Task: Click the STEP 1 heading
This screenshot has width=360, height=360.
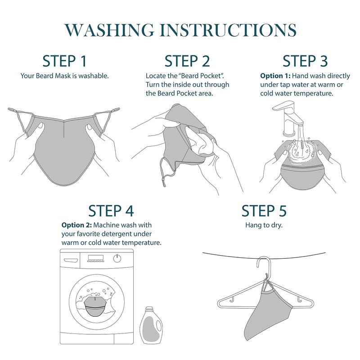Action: [x=64, y=61]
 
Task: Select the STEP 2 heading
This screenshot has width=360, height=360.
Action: [x=187, y=61]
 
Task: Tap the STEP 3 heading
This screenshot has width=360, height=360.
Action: [x=305, y=61]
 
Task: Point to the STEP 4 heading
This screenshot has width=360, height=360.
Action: [x=111, y=211]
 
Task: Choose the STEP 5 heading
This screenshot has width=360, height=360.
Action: [x=264, y=211]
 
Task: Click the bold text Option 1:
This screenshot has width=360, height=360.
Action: [x=275, y=76]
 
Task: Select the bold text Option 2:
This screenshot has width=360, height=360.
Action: [x=76, y=225]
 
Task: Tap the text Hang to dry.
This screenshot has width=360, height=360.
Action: [x=264, y=225]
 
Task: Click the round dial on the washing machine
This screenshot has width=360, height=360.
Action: [x=117, y=258]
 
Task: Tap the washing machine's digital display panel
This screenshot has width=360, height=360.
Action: [x=96, y=257]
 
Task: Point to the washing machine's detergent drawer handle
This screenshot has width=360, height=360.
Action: [x=71, y=260]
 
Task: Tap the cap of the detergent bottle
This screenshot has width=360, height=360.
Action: [x=149, y=309]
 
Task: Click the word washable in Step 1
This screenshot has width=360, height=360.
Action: [x=94, y=76]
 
